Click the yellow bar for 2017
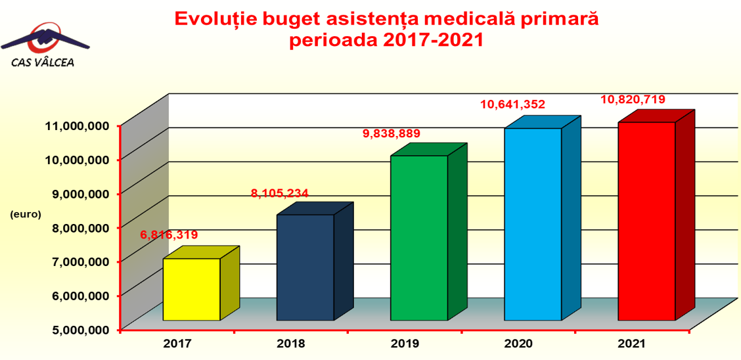[x=191, y=289]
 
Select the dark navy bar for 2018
[x=305, y=267]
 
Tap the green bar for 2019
[x=419, y=238]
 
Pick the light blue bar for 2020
[x=533, y=224]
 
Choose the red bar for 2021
[x=646, y=221]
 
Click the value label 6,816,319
[x=169, y=235]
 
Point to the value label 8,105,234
[x=280, y=193]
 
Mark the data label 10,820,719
[x=633, y=100]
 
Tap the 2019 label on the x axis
[x=404, y=344]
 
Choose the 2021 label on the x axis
[x=632, y=344]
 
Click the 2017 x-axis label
[x=177, y=344]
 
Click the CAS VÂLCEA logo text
[x=43, y=62]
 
